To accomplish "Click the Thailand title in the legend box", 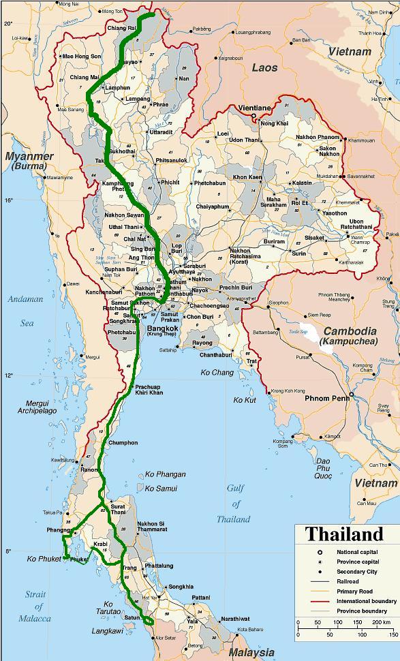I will (344, 534).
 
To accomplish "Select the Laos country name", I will (264, 67).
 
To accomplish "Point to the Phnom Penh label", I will (326, 398).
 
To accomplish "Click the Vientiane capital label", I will (253, 108).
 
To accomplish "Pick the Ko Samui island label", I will (161, 489).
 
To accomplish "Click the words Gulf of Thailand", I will (234, 504).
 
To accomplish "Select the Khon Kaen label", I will (247, 177).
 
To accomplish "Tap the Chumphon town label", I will (123, 443).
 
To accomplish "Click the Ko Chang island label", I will (217, 373).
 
